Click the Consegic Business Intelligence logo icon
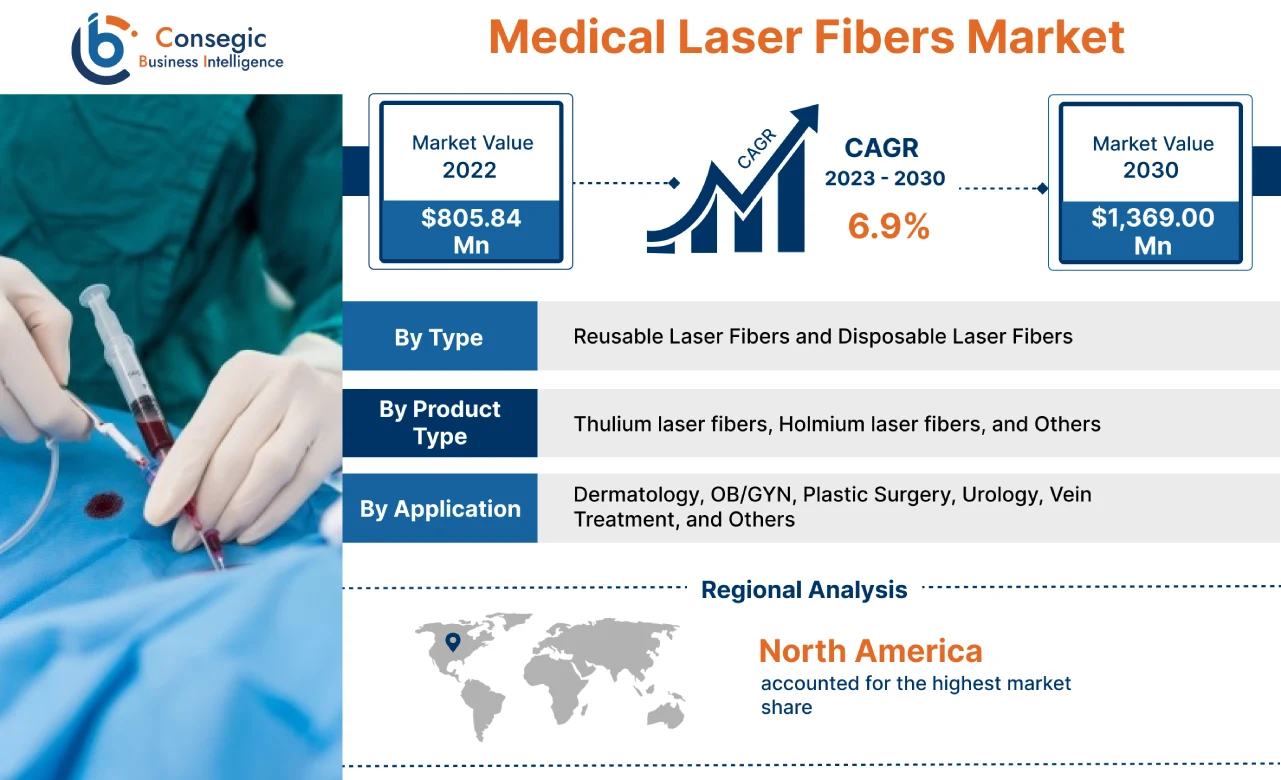pos(104,48)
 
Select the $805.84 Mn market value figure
pos(471,231)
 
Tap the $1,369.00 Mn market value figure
pos(1152,231)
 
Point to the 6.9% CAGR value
pos(888,227)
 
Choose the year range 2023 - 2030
pos(884,179)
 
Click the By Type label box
pos(439,337)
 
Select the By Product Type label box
pos(439,423)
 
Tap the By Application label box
pos(439,509)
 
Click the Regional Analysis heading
pos(804,590)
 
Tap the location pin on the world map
pos(453,641)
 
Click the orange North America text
pos(870,651)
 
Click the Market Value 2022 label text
pos(471,156)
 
